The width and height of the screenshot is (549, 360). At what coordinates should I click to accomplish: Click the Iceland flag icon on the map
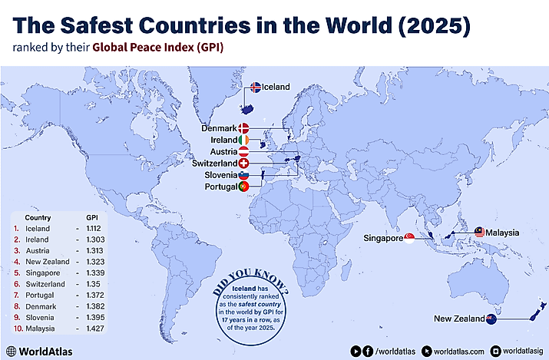(256, 88)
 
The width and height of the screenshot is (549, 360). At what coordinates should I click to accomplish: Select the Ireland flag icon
(243, 140)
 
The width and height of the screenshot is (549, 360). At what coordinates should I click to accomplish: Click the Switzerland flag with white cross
(243, 163)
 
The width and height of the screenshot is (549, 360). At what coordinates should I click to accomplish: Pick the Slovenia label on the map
(220, 175)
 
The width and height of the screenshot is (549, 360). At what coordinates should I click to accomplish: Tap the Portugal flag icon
(243, 187)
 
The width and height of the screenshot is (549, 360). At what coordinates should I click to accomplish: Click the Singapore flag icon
(409, 239)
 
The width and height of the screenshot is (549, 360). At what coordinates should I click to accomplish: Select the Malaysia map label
(502, 232)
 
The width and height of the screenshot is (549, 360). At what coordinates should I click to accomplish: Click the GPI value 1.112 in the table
(94, 229)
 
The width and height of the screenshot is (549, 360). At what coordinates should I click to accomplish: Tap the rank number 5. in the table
(16, 272)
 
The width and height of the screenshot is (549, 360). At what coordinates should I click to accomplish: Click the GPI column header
(91, 217)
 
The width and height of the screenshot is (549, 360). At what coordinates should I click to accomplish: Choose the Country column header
(38, 217)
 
